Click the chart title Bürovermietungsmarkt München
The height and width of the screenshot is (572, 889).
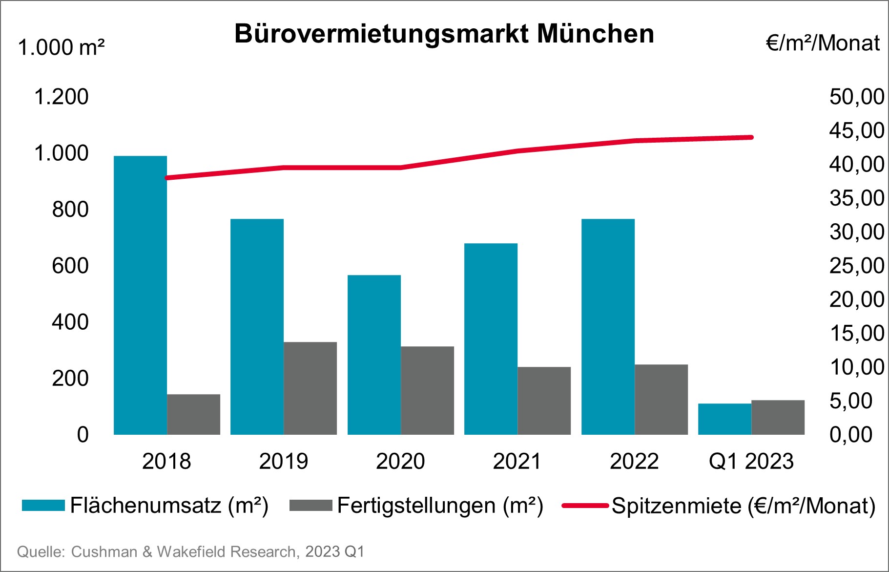click(444, 34)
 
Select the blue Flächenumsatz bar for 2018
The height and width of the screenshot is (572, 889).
click(141, 295)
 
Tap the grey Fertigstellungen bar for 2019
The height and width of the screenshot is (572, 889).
click(310, 388)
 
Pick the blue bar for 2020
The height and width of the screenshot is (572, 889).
click(374, 355)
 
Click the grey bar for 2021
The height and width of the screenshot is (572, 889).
click(544, 401)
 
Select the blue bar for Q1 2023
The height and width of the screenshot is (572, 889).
click(724, 419)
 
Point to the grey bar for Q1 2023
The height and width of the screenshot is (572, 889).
click(778, 417)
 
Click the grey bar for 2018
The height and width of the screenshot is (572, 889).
click(193, 414)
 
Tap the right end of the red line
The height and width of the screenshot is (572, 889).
click(751, 137)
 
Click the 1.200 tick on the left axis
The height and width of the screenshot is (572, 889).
click(61, 97)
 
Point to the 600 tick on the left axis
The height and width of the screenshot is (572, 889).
click(70, 266)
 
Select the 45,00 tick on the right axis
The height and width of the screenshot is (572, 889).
click(856, 130)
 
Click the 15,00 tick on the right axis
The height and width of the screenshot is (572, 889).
click(856, 333)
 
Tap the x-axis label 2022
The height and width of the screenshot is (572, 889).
click(634, 461)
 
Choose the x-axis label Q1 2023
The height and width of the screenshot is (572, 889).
click(751, 461)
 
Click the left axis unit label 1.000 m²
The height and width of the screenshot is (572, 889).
click(62, 48)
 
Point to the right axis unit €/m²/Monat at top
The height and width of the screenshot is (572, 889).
click(823, 43)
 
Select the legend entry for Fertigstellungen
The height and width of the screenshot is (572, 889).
click(439, 505)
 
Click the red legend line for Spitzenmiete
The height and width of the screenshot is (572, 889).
click(584, 506)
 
